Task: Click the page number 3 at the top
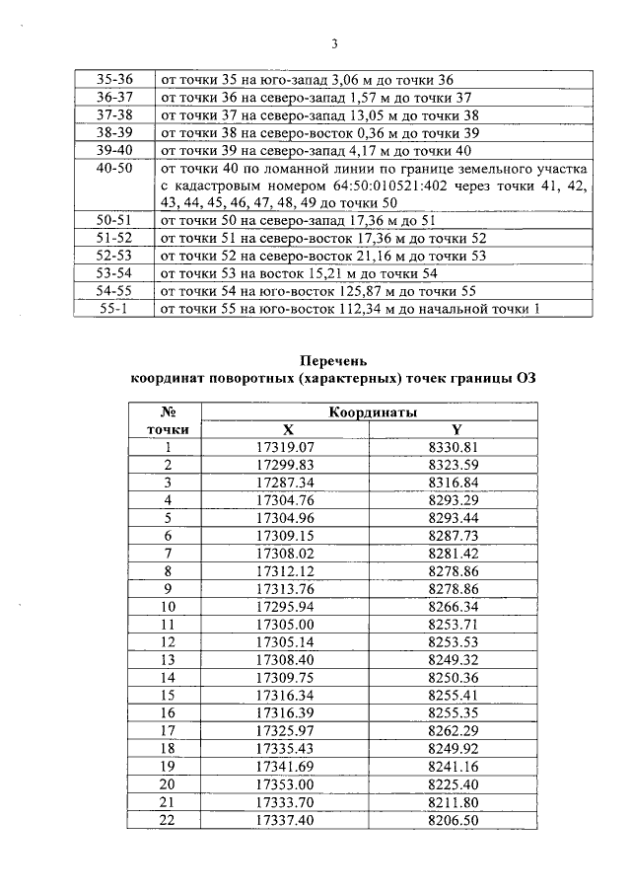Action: (334, 44)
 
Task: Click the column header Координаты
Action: (372, 411)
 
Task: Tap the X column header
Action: (288, 429)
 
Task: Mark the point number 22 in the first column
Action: (168, 820)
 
